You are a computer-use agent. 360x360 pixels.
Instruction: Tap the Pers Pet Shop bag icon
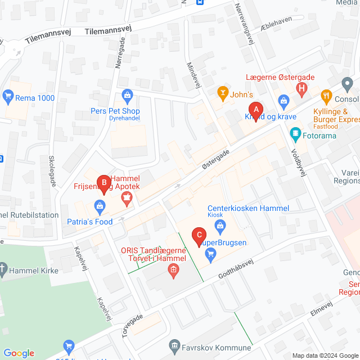pos(127,95)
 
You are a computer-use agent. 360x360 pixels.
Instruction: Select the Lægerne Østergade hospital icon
pos(302,88)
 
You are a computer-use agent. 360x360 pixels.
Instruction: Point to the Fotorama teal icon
pos(294,134)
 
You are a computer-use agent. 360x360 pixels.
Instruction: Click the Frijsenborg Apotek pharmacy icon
pos(127,197)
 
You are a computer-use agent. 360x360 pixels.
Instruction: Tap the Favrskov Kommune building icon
pos(174,344)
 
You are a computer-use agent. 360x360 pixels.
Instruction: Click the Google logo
pos(19,353)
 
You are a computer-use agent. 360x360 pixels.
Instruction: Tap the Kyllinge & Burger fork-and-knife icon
pos(326,96)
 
